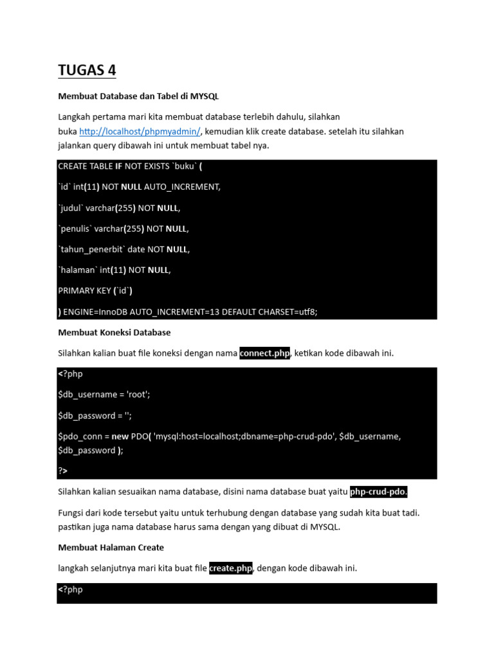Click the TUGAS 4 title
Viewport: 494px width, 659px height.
87,70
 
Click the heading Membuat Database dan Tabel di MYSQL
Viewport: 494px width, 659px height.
138,96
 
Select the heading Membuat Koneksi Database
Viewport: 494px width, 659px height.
114,333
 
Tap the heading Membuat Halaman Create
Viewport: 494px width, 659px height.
111,547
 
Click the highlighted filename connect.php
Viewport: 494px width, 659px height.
265,353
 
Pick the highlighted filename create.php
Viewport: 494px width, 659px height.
231,568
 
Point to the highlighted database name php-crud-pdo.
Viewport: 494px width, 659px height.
379,492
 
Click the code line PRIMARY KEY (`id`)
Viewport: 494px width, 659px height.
95,291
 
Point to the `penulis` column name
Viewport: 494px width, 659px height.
77,228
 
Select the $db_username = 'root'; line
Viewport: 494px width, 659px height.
104,395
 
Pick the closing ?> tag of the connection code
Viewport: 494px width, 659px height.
63,471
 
